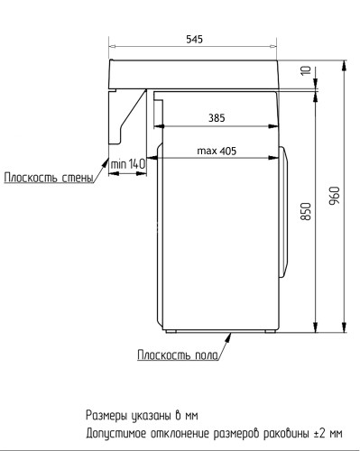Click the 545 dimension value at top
[x=194, y=40]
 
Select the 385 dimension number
[x=217, y=117]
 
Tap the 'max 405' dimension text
[x=217, y=151]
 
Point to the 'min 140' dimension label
[x=128, y=163]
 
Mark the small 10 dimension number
[x=305, y=71]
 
